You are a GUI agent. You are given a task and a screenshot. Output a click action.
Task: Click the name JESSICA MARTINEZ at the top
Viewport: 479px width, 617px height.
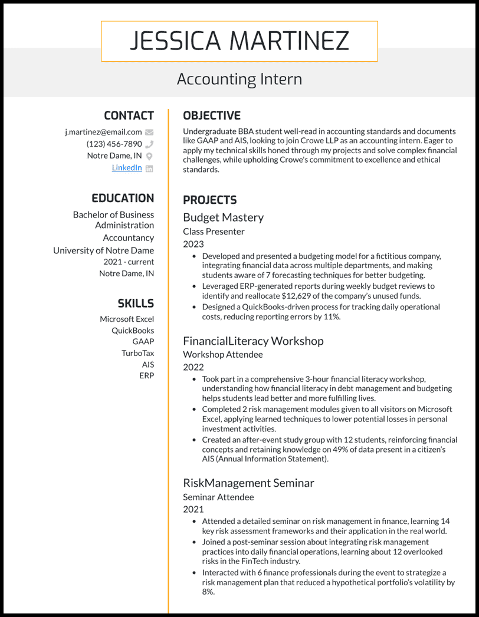point(239,41)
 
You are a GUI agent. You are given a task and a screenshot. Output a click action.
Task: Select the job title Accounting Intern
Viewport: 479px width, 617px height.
point(239,79)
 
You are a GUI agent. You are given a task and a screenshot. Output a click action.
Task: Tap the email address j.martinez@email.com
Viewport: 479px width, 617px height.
point(103,132)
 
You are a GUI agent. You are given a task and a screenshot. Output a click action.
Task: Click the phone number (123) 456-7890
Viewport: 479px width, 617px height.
point(114,144)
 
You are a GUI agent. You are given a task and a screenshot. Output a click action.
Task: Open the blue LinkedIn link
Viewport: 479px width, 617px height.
point(127,168)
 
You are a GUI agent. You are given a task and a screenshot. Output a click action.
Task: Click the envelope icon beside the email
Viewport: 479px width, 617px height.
point(149,132)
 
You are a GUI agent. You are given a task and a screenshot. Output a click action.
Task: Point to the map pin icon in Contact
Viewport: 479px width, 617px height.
point(149,156)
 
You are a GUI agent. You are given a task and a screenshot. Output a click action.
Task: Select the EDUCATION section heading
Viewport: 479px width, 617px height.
point(122,198)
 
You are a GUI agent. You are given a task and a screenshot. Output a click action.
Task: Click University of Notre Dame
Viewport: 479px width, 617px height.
point(103,250)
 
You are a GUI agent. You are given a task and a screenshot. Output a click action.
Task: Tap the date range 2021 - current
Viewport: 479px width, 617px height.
point(129,262)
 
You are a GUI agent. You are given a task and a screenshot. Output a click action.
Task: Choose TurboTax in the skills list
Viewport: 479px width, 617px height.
point(137,353)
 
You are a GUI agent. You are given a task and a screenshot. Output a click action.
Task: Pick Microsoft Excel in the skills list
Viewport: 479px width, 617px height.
point(127,319)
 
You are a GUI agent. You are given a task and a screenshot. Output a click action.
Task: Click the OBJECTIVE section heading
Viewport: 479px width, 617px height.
point(211,116)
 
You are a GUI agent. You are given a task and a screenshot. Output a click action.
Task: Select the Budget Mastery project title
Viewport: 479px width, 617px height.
point(223,217)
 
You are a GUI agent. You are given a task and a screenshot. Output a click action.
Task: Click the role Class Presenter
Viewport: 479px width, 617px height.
point(214,232)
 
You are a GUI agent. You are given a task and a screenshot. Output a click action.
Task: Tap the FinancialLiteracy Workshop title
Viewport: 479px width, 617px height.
point(253,341)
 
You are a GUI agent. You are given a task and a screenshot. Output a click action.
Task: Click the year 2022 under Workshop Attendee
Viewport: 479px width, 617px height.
point(193,367)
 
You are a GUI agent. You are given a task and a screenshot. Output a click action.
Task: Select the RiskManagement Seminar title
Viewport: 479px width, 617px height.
point(248,483)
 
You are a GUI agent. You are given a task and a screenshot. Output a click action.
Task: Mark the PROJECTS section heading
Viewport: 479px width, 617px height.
point(209,200)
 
